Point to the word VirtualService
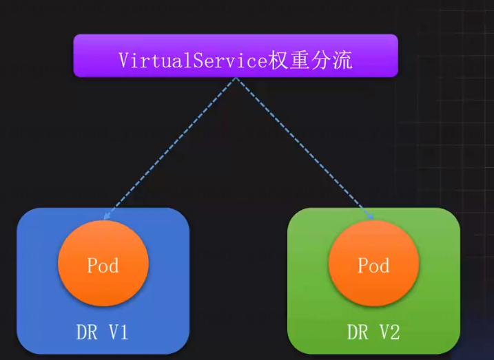(x=192, y=61)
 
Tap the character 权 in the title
(x=278, y=60)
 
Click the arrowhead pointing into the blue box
(x=105, y=217)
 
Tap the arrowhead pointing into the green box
(x=371, y=218)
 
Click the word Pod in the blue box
(x=103, y=265)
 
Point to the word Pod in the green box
(x=373, y=265)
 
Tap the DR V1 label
(x=102, y=334)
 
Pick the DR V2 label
(x=373, y=334)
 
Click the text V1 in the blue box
(x=118, y=334)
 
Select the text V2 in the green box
(x=389, y=334)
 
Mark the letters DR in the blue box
(x=85, y=334)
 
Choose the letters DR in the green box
(x=357, y=334)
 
